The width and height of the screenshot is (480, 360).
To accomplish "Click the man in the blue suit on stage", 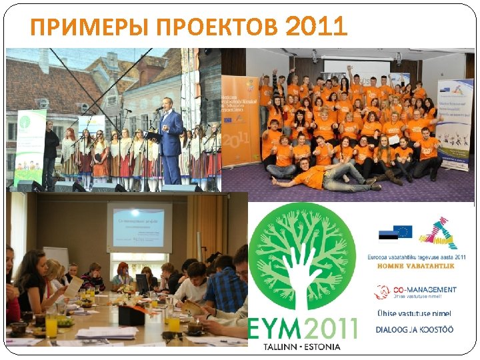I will (x=171, y=143).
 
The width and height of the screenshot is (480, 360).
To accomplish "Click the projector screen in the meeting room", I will (x=138, y=227).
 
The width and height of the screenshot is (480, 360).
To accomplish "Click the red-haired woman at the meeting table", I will (x=123, y=274).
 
